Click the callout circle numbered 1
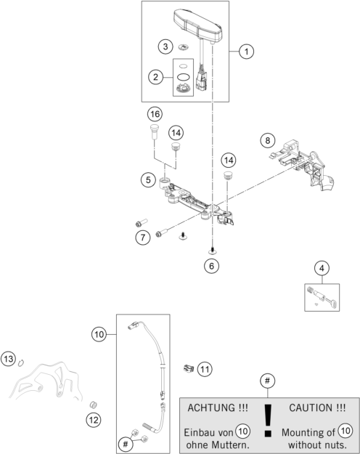[246, 52]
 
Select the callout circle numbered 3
[165, 46]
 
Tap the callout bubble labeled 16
[155, 114]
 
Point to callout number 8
[268, 140]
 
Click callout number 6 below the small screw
[211, 266]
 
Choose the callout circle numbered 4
[322, 268]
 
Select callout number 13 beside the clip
[9, 359]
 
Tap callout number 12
[94, 420]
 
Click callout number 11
[205, 369]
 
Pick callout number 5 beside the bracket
[148, 180]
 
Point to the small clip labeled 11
[189, 368]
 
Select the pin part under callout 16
[154, 131]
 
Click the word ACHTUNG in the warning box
[212, 408]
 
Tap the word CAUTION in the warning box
[311, 408]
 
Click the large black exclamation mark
[269, 421]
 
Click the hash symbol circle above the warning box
[267, 381]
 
